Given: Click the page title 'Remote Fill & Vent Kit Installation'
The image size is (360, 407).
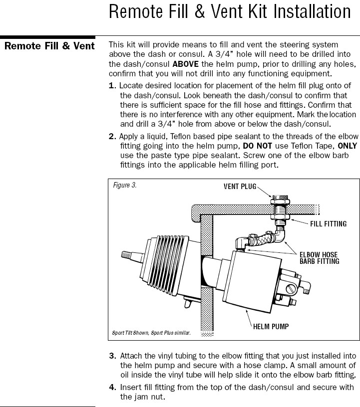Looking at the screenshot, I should coord(230,12).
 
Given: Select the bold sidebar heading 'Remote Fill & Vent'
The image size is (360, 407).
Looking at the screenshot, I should coord(49,46).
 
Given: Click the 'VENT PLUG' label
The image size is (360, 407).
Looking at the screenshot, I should coord(240,187).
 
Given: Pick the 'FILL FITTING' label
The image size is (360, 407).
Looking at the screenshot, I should coord(328,224).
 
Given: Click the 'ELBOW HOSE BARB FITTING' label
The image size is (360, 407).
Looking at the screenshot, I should coord(319,258).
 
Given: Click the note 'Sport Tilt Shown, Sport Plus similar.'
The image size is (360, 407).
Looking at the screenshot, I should coord(151,332).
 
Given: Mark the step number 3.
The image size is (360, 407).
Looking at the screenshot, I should coord(112,356).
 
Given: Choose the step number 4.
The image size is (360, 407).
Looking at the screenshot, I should coord(112,388).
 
